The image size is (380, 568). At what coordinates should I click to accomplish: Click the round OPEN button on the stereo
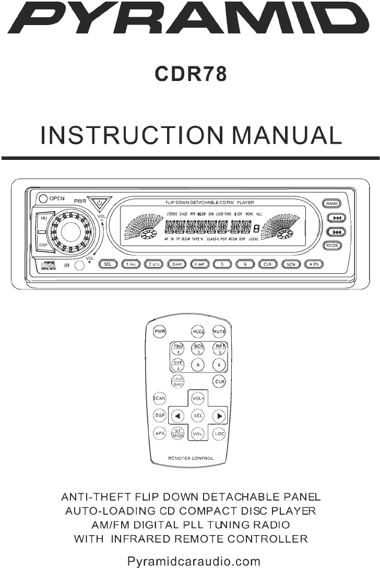pyautogui.click(x=42, y=199)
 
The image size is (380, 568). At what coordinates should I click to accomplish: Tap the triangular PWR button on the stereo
pyautogui.click(x=97, y=201)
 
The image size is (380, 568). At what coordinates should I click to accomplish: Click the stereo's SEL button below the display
pyautogui.click(x=108, y=264)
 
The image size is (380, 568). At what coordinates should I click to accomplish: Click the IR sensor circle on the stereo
pyautogui.click(x=79, y=266)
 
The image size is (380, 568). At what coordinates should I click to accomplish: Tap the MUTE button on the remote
pyautogui.click(x=219, y=332)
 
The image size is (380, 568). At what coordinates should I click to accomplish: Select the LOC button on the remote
pyautogui.click(x=219, y=433)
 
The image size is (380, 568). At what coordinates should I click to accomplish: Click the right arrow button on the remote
pyautogui.click(x=219, y=416)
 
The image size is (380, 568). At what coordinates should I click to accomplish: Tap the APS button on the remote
pyautogui.click(x=159, y=433)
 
